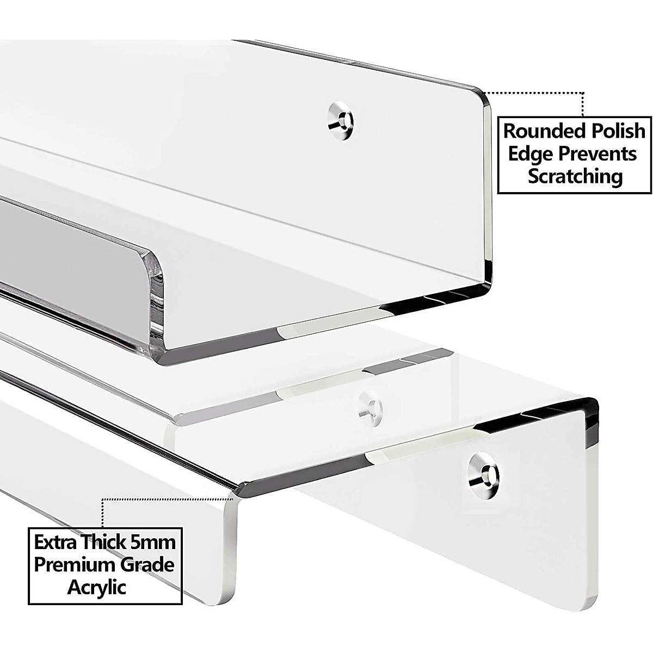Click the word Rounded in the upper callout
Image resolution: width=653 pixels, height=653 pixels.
click(539, 131)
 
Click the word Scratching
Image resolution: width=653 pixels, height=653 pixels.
click(575, 177)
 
